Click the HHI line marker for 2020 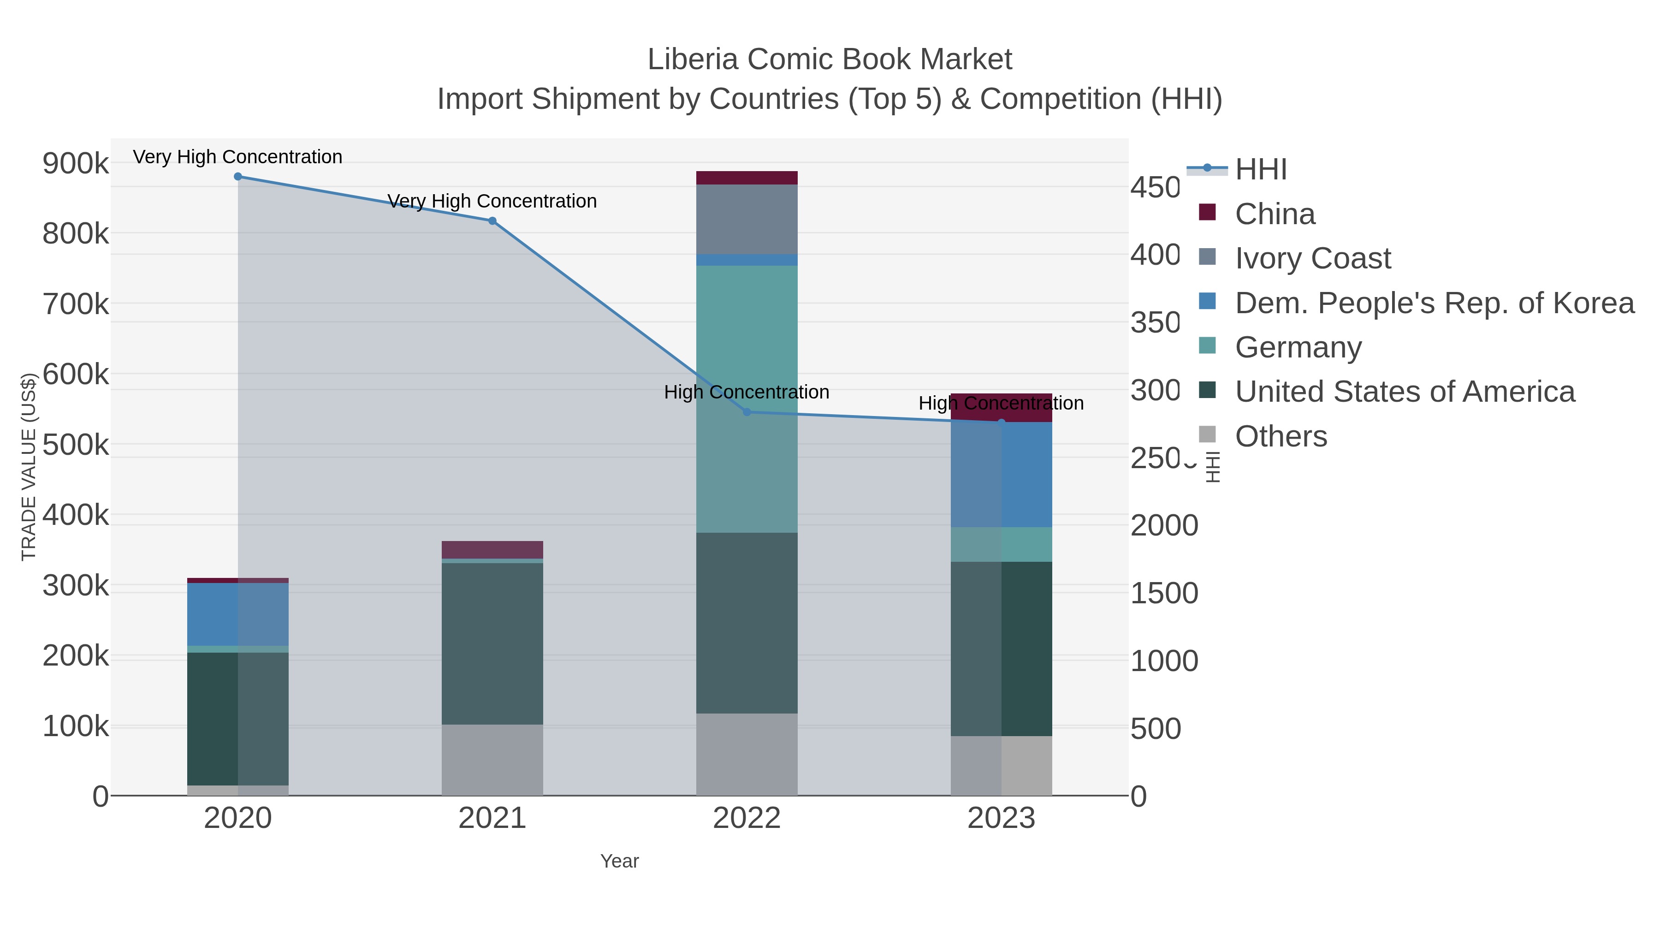238,177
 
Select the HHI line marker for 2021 492,221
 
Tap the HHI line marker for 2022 747,412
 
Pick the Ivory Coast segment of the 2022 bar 747,219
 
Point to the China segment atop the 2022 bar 747,178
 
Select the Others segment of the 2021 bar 492,760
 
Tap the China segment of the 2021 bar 492,550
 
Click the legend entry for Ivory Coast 1313,258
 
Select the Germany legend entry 1298,347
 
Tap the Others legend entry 1281,436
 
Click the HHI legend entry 1261,170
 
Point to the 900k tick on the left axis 76,164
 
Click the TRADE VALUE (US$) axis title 29,467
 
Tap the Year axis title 619,861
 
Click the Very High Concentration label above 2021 492,201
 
